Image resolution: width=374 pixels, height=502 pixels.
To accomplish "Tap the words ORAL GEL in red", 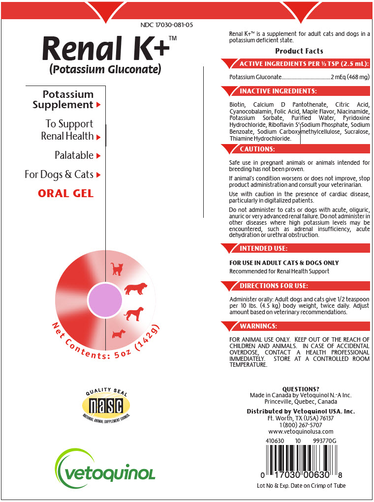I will coord(65,193).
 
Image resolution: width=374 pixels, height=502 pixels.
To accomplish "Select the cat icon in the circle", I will coord(117,268).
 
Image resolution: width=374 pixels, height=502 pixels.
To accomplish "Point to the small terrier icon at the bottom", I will coord(119,334).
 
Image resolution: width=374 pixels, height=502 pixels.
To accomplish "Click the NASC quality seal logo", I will coord(106,405).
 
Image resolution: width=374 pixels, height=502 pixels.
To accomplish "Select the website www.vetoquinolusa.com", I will coord(301,432).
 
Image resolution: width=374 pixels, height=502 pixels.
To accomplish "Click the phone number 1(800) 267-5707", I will coord(300,425).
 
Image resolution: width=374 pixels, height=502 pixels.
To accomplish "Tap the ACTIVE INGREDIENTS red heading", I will coord(304,64).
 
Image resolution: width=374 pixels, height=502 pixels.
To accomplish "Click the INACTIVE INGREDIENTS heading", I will coord(278,91).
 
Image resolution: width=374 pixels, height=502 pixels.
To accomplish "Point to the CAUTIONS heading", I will coord(257,149).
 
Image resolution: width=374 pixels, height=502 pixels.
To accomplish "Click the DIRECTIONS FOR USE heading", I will coord(274,286).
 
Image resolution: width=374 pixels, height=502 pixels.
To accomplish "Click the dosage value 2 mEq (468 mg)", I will coord(350,77).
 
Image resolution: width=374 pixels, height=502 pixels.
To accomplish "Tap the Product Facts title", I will coord(299,51).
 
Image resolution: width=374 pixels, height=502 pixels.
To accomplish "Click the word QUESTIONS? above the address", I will coord(301,389).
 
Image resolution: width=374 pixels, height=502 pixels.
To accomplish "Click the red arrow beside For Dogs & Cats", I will coord(99,175).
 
